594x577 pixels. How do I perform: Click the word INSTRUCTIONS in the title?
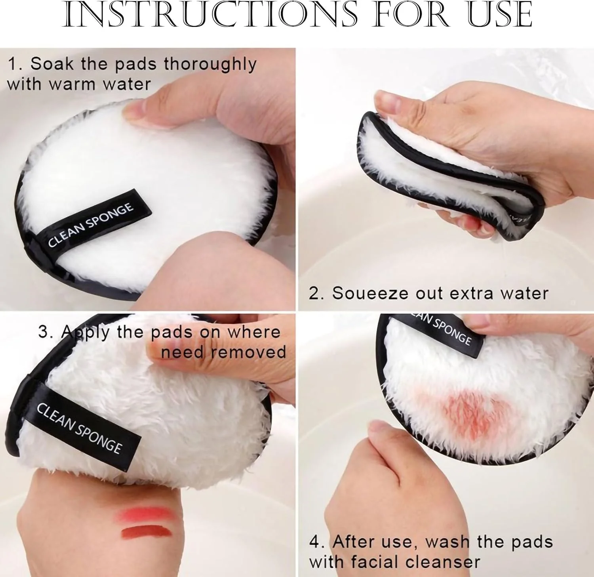[210, 15]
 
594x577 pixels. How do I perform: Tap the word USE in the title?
[500, 15]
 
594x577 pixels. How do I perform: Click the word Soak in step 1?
[52, 64]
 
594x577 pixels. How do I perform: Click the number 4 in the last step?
[315, 542]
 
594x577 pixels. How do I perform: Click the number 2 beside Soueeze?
[314, 294]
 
